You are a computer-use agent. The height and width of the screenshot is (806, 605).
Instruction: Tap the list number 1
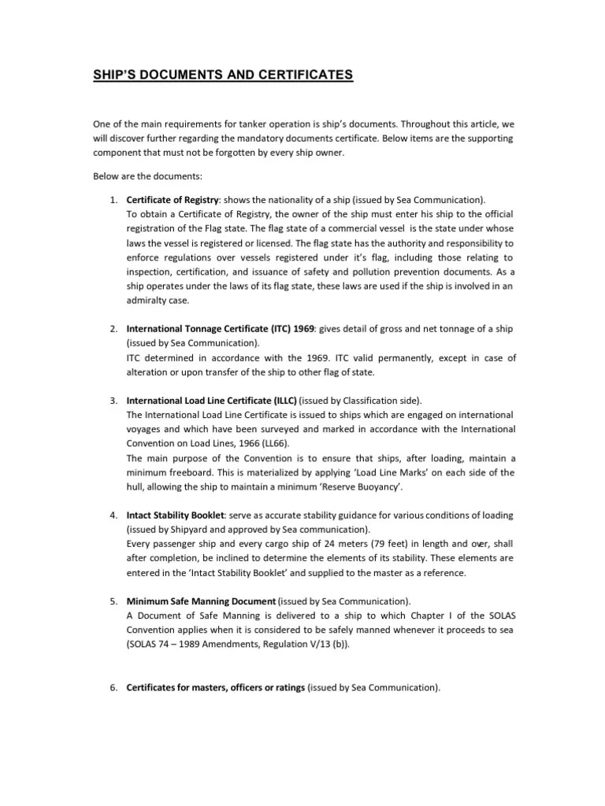coord(113,199)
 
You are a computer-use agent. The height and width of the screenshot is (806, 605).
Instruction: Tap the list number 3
coord(113,400)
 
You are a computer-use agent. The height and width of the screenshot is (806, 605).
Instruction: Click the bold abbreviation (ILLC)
coord(281,400)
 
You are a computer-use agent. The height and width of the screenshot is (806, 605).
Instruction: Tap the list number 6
coord(113,687)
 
